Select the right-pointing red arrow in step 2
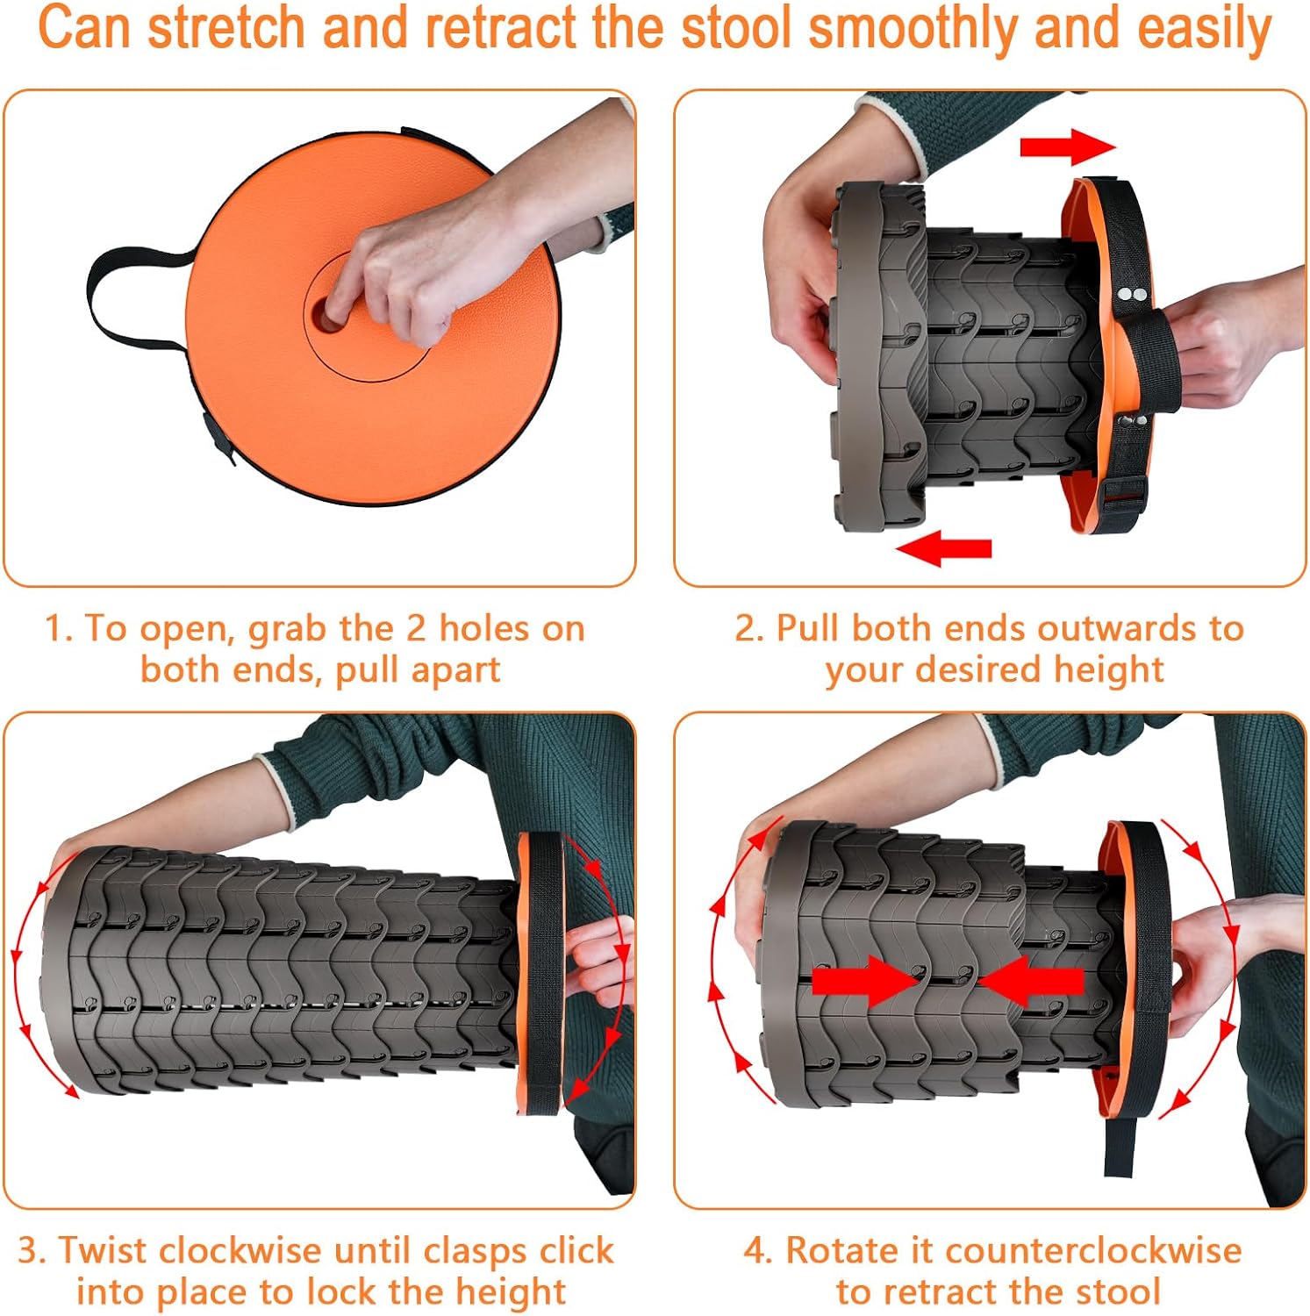coord(1067,146)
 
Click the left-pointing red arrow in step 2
coord(944,549)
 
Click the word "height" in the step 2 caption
coord(1108,670)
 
